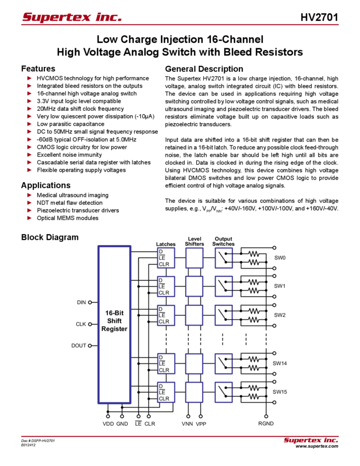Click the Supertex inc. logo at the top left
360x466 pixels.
[72, 17]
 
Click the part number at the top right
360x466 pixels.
[323, 17]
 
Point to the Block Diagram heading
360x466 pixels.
[51, 237]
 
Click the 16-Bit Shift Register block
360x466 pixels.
[115, 324]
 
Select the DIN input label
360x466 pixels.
[81, 302]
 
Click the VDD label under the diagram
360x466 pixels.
[107, 424]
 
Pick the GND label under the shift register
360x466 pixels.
[122, 424]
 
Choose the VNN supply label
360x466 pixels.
[188, 424]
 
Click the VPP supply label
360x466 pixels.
[201, 424]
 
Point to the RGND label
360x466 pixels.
[266, 424]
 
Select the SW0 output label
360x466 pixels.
[279, 258]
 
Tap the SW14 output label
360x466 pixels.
[280, 363]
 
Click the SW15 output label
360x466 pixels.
[280, 391]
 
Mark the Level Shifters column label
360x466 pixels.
[194, 241]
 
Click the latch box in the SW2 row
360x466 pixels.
[166, 315]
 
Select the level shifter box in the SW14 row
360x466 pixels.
[194, 363]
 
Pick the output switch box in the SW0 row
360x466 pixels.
[224, 258]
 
